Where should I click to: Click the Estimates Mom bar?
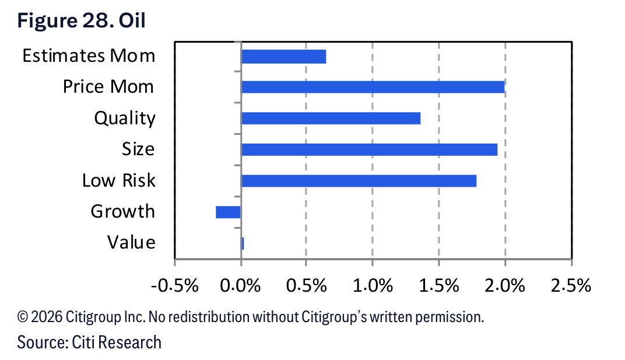click(x=284, y=57)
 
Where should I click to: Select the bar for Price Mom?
click(x=373, y=87)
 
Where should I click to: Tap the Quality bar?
click(x=331, y=118)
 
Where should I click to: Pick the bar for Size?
click(x=370, y=149)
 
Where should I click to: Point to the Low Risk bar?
click(x=359, y=181)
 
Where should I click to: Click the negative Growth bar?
click(x=229, y=212)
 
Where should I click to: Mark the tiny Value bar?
click(x=243, y=243)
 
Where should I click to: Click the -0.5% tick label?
click(x=174, y=286)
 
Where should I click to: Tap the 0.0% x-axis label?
click(x=240, y=286)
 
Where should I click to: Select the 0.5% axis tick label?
click(x=307, y=286)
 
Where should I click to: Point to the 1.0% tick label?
click(x=373, y=286)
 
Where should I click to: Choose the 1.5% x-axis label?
click(x=439, y=286)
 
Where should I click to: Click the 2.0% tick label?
click(x=505, y=286)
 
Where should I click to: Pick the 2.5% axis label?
click(x=571, y=286)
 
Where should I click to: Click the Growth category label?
click(x=123, y=212)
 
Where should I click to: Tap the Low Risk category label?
click(x=119, y=180)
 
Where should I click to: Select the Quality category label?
click(x=125, y=118)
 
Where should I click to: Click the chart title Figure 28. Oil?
click(x=81, y=21)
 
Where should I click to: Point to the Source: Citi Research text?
click(x=89, y=342)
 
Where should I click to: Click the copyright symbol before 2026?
click(x=23, y=317)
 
